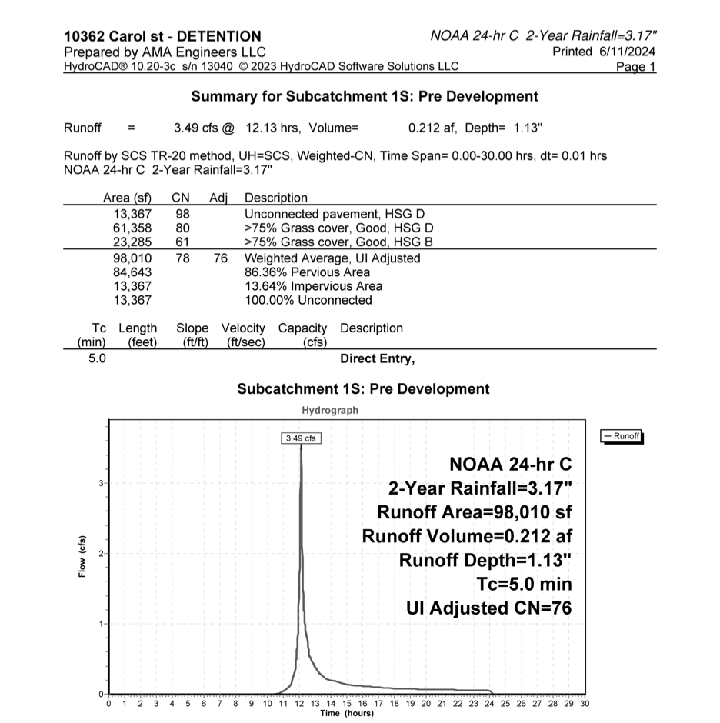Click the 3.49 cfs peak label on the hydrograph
click(x=300, y=438)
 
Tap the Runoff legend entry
click(x=622, y=436)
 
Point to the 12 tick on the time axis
click(x=299, y=703)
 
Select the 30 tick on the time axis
click(x=585, y=703)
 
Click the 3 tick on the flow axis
click(x=101, y=482)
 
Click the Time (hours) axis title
click(x=347, y=713)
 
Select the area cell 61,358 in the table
click(x=132, y=228)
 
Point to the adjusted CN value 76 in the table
click(x=221, y=258)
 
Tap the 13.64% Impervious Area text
click(x=308, y=286)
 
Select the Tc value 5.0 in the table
click(x=98, y=358)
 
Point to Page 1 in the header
click(x=636, y=67)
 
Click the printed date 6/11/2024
click(x=626, y=51)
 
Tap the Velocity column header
click(x=243, y=328)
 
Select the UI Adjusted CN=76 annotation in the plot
click(x=488, y=608)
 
